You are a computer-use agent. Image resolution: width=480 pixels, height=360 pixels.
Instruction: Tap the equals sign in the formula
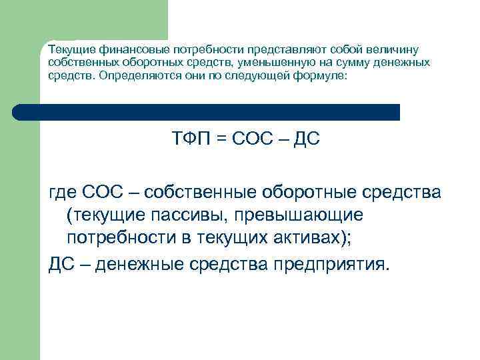click(x=222, y=139)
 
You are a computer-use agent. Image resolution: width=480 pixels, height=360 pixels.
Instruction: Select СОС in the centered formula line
click(x=252, y=139)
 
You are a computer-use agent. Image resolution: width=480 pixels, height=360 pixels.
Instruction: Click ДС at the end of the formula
click(x=306, y=139)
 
